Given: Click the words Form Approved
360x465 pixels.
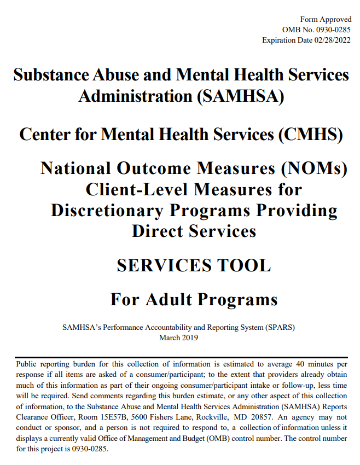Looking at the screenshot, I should (326, 20).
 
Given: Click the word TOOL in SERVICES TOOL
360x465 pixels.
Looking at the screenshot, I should (242, 265).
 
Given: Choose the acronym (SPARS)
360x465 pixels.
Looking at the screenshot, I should (280, 328).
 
